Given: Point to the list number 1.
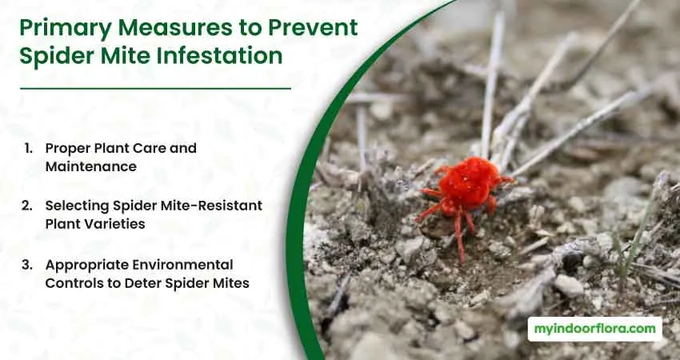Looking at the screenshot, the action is [28, 148].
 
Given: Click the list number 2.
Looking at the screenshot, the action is [27, 205].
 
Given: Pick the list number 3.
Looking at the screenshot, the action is [27, 265].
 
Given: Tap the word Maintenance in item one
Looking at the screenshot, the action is [91, 166].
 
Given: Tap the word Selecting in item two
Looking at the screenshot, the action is [77, 205].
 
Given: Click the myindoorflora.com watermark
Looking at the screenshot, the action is [595, 329].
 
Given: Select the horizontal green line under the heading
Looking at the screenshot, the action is [155, 89].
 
